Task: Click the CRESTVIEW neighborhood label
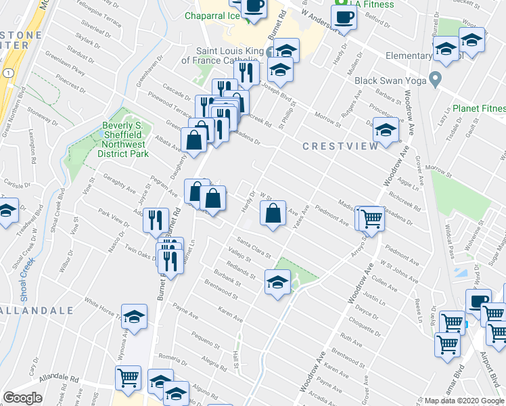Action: pos(334,146)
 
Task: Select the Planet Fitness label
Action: pos(480,108)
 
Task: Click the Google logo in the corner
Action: pos(23,398)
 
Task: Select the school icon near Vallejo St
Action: pos(277,281)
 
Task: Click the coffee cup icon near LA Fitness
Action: pos(344,17)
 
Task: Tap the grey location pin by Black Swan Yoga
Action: pos(436,80)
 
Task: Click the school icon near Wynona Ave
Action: pos(135,316)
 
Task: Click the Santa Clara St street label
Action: pos(254,248)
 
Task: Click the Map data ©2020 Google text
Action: pos(464,401)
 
